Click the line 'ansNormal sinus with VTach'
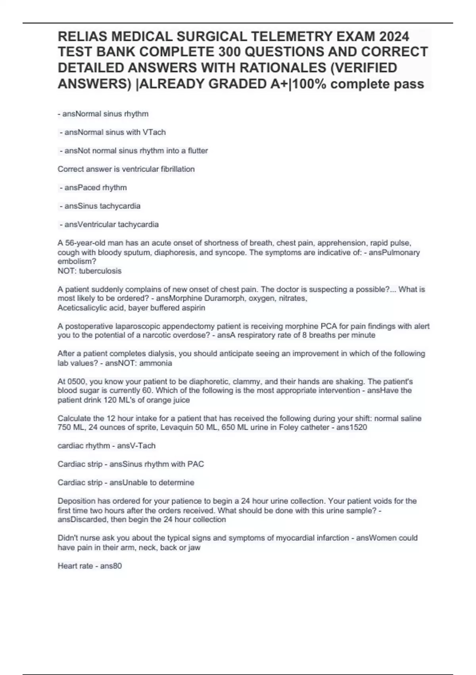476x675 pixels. pyautogui.click(x=113, y=132)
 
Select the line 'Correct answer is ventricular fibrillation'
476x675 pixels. pyautogui.click(x=126, y=169)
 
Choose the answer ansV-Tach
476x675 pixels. pyautogui.click(x=136, y=446)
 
